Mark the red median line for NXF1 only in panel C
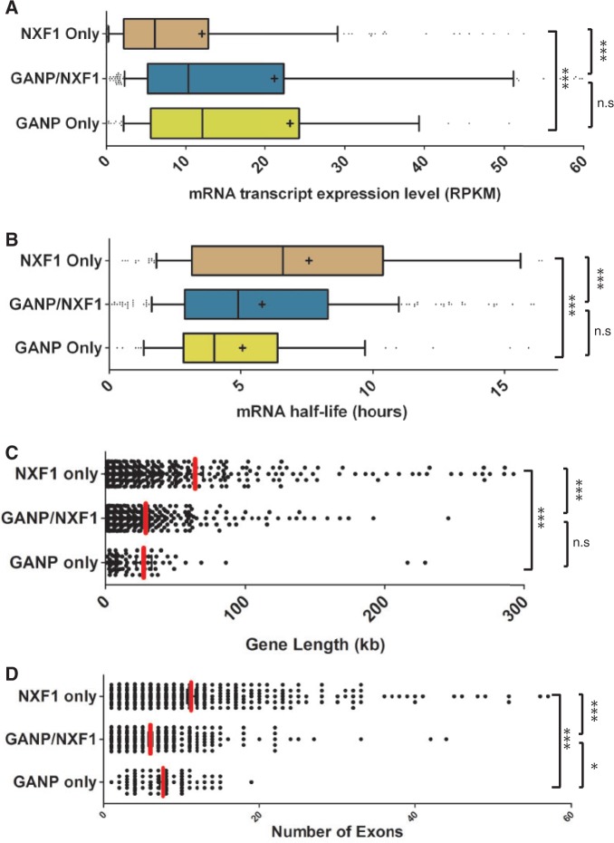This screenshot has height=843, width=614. tap(195, 472)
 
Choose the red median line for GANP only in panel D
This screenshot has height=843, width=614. tap(163, 781)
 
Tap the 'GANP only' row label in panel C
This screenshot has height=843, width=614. tap(54, 563)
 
